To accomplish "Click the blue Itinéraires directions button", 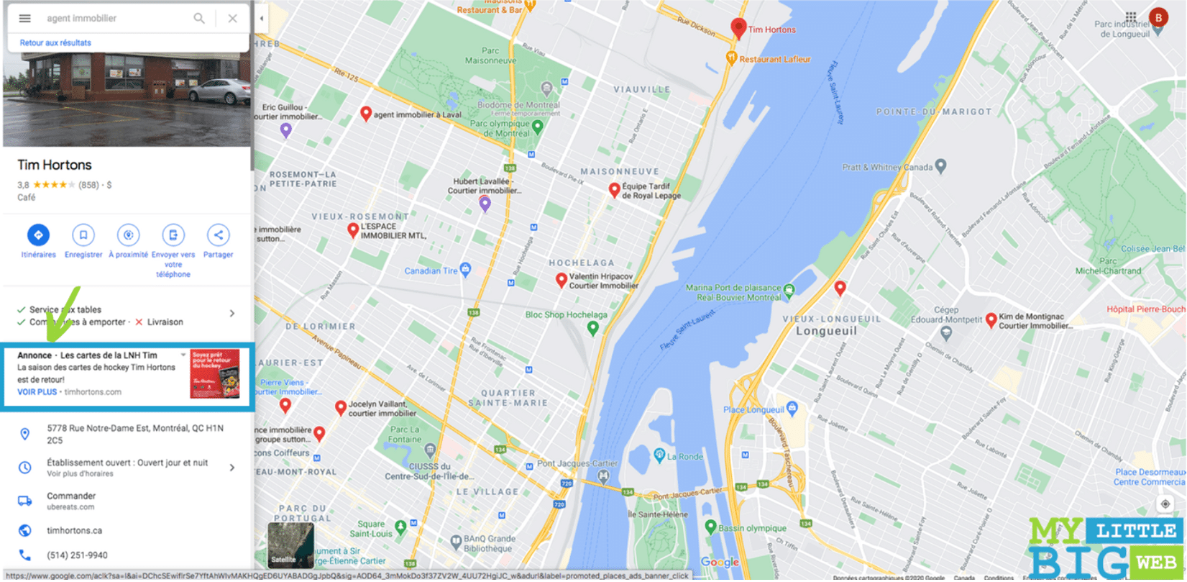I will click(x=38, y=235).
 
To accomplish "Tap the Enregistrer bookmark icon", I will click(x=83, y=235).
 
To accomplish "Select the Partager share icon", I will click(x=218, y=235).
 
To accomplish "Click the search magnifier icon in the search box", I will click(x=199, y=19).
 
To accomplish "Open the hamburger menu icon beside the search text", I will click(x=24, y=19).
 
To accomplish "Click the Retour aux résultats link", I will click(x=55, y=43).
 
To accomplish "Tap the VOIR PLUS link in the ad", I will click(x=37, y=392).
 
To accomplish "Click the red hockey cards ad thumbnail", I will click(x=215, y=374).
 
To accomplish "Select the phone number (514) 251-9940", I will click(x=77, y=555).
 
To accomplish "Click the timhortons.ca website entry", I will click(x=75, y=531).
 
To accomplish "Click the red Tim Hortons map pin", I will click(x=738, y=28).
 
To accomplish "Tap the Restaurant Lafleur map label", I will click(x=774, y=60).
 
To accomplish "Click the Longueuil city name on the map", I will click(x=826, y=332).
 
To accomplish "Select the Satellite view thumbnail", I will click(x=290, y=545).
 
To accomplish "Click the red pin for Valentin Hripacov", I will click(x=562, y=280).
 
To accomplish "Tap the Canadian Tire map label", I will click(x=431, y=271).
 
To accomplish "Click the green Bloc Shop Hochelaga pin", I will click(x=592, y=328).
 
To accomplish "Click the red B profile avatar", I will click(x=1158, y=18).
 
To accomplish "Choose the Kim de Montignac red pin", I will click(x=991, y=319).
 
